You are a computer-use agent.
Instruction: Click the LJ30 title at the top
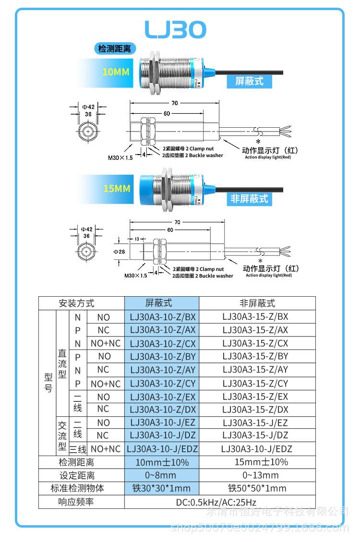(176, 30)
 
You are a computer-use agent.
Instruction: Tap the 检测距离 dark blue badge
(115, 48)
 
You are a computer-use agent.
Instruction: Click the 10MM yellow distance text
(116, 72)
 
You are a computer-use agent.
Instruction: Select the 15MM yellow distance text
(117, 189)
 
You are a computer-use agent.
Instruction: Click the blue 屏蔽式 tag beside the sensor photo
(249, 81)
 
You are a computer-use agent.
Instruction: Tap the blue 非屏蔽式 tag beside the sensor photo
(249, 198)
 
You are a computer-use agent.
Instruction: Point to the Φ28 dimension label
(120, 252)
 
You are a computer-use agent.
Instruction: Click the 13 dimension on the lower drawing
(137, 239)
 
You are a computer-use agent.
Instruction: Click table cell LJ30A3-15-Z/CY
(255, 383)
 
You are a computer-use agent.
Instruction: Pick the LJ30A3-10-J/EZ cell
(162, 423)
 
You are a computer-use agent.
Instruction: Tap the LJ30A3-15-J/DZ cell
(255, 435)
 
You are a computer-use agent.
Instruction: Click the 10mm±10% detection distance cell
(162, 462)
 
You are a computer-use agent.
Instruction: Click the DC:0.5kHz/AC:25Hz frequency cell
(220, 502)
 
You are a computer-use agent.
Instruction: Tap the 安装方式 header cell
(76, 303)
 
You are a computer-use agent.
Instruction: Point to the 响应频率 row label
(76, 502)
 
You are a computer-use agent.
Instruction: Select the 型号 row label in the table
(48, 383)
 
